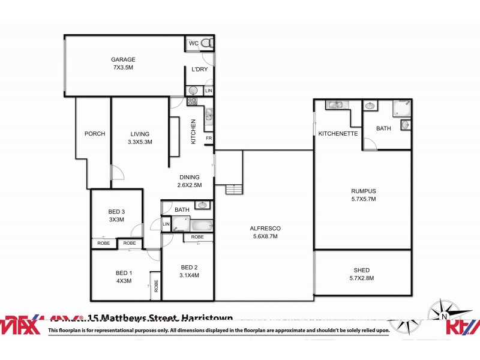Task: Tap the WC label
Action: coord(194,44)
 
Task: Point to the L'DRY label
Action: coord(199,70)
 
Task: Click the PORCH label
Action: coord(95,134)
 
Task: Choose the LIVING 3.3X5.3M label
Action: coord(140,138)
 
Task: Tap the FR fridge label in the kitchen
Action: coord(209,139)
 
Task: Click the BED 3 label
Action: coord(116,215)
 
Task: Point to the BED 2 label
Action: coord(189,271)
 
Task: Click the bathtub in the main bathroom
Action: coord(200,226)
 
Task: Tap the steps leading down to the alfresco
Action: coord(234,190)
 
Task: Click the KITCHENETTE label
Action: coord(338,134)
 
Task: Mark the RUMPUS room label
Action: coord(363,195)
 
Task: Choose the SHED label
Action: coord(362,274)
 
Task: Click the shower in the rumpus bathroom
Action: coord(401,109)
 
